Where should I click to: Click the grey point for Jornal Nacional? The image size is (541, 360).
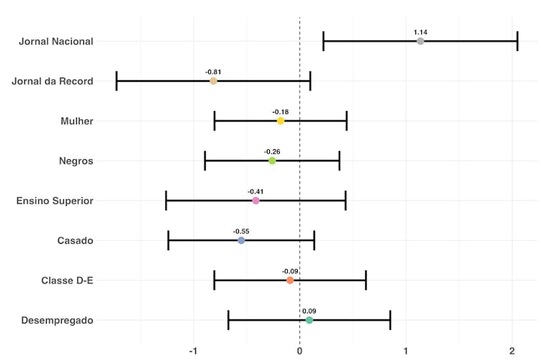click(x=420, y=42)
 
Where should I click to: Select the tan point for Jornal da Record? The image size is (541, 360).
click(x=213, y=81)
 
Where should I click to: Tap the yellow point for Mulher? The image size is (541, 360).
click(x=281, y=121)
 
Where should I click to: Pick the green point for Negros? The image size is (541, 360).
click(x=272, y=161)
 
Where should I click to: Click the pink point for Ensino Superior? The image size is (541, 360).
click(x=255, y=201)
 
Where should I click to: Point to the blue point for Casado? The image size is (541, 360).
click(x=241, y=240)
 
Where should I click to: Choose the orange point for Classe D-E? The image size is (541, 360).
click(x=290, y=280)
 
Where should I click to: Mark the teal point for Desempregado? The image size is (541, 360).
click(x=309, y=320)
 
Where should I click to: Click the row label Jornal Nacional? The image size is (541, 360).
click(x=56, y=42)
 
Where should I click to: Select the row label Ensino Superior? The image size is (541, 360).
click(x=55, y=201)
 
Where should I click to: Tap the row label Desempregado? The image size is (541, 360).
click(x=57, y=320)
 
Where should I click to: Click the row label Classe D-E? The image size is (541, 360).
click(x=67, y=280)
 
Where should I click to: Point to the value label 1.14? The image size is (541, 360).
click(x=420, y=32)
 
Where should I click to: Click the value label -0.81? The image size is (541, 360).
click(x=213, y=72)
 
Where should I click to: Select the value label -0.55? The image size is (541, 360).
click(x=241, y=232)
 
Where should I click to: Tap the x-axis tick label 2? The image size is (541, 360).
click(x=512, y=351)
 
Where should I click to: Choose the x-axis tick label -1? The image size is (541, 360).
click(x=192, y=351)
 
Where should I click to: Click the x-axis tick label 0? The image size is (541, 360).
click(x=299, y=351)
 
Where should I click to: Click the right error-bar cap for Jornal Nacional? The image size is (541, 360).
click(x=517, y=42)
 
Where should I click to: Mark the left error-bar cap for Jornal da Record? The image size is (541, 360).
click(x=116, y=81)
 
